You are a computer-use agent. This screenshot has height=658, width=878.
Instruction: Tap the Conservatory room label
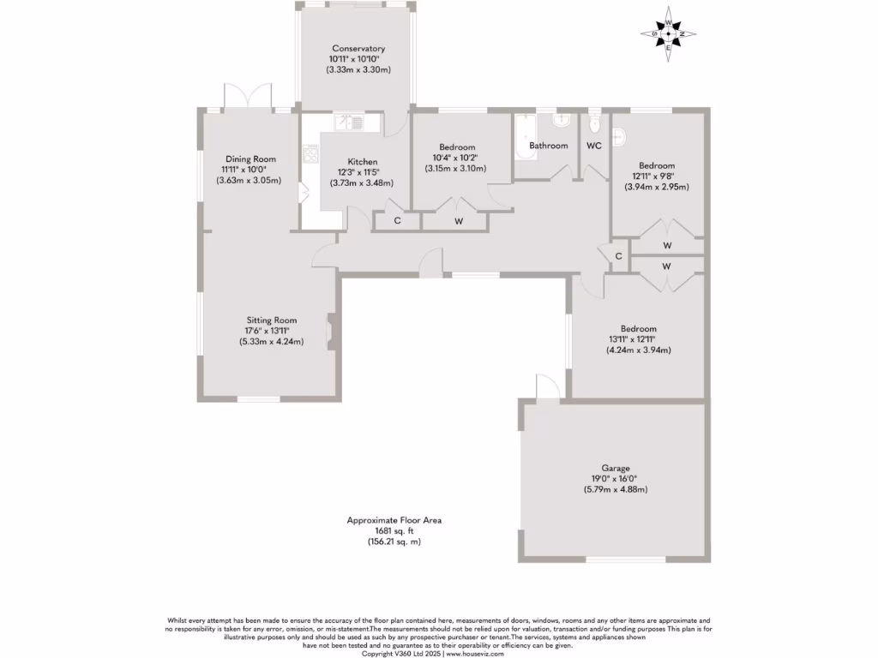(358, 49)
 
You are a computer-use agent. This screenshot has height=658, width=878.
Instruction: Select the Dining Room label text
(250, 159)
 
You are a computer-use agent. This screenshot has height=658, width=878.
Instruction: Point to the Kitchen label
(362, 162)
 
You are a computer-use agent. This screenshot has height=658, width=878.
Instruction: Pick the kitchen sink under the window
(351, 123)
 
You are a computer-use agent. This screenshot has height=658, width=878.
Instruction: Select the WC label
(594, 146)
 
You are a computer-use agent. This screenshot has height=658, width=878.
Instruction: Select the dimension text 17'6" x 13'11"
(273, 331)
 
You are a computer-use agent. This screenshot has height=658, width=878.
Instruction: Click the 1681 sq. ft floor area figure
(394, 531)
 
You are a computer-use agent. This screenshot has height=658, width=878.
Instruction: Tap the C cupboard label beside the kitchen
(397, 221)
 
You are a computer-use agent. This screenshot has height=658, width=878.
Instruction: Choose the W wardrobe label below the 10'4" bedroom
(459, 221)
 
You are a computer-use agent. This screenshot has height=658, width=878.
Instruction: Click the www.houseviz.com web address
(474, 654)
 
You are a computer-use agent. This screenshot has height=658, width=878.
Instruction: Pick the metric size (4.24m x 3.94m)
(638, 350)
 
